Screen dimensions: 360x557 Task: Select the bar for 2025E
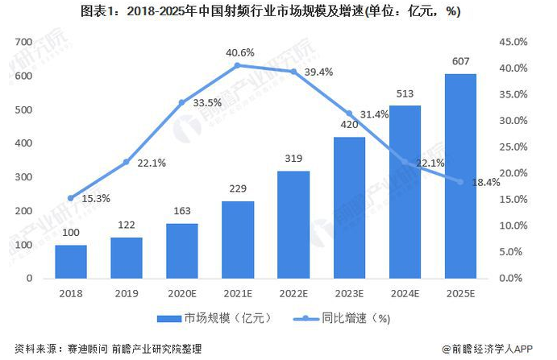coord(460,176)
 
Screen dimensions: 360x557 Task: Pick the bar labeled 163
coord(182,250)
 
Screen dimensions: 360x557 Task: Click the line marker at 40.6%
coord(238,65)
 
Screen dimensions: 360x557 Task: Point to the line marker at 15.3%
coord(71,197)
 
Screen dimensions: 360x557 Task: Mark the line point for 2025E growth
coord(460,181)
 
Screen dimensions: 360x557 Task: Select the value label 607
coord(460,61)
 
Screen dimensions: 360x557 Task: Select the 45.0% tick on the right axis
coord(514,42)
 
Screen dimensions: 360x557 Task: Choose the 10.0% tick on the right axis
coord(514,226)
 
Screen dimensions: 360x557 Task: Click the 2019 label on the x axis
coord(127,294)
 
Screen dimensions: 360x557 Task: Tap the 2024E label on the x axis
coord(405,294)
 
